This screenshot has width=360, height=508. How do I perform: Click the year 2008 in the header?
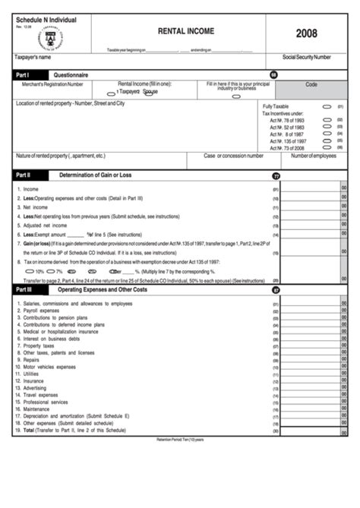pos(308,33)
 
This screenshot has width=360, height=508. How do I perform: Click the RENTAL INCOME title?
pos(185,32)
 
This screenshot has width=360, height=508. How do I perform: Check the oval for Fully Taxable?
pos(327,107)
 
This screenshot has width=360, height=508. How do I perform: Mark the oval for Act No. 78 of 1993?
pos(327,120)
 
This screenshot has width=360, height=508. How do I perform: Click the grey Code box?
pos(311,84)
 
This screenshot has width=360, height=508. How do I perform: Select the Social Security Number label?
pos(306,57)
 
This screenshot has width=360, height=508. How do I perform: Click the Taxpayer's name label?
pos(33,57)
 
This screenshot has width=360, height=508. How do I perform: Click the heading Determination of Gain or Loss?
pos(96,175)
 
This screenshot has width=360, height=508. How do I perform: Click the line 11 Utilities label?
pos(31,374)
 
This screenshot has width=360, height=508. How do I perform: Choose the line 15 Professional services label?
pos(46,402)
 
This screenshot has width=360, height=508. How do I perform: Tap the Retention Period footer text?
pos(179,440)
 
